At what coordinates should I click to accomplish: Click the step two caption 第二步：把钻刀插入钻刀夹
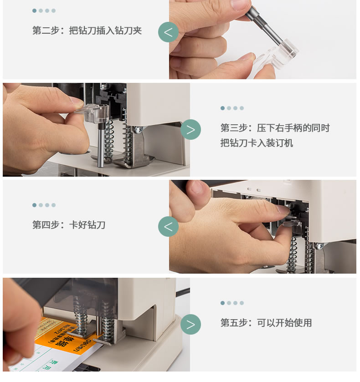[x=87, y=31]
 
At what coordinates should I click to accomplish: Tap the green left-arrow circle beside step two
[x=168, y=32]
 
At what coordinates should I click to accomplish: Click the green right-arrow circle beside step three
[x=191, y=130]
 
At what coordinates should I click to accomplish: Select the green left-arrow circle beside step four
[x=168, y=227]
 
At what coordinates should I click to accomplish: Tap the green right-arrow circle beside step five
[x=191, y=325]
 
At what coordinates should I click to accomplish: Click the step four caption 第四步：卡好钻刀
[x=69, y=225]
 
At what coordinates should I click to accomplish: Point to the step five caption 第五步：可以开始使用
[x=266, y=323]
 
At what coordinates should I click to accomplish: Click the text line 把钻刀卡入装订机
[x=257, y=143]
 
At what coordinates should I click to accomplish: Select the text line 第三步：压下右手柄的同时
[x=275, y=128]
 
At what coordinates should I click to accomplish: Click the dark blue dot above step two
[x=34, y=11]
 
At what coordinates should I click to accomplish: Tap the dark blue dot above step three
[x=222, y=108]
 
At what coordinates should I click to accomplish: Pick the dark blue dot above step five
[x=222, y=303]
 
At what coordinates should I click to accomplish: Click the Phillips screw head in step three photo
[x=138, y=130]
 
